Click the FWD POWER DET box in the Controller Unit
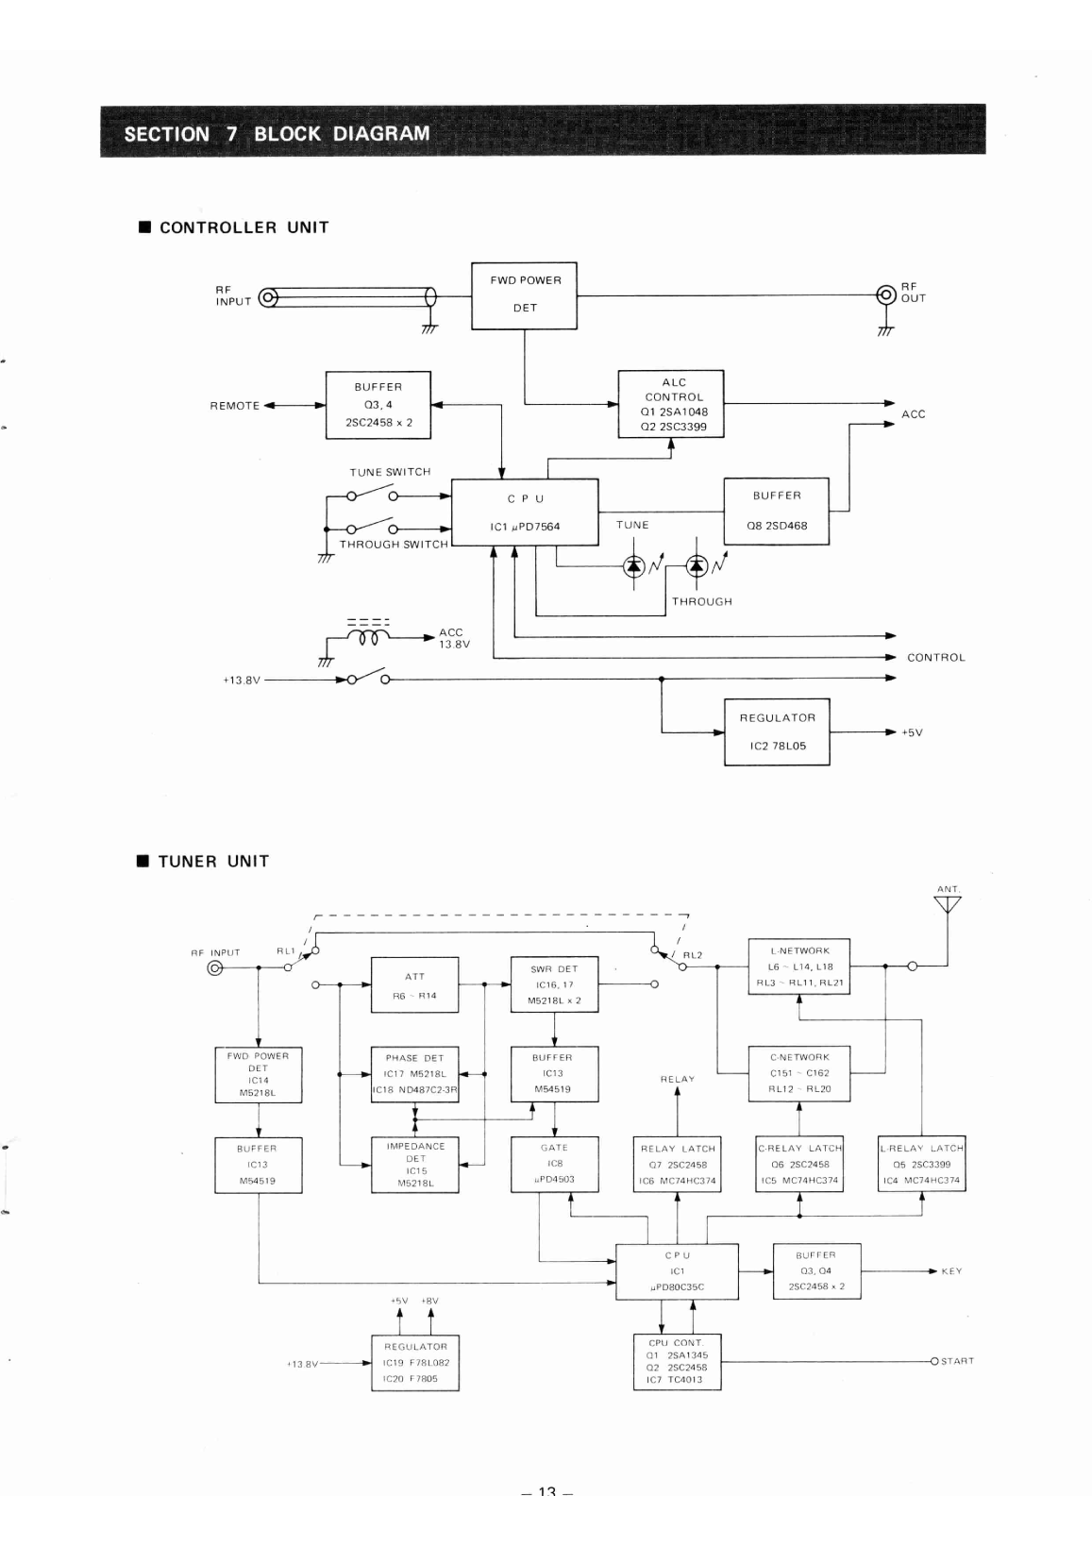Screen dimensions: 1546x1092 coord(524,295)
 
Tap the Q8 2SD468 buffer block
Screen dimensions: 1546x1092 coord(776,511)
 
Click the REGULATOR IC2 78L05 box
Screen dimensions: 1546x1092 coord(776,731)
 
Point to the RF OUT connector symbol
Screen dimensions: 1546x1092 coord(885,294)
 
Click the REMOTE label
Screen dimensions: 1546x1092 coord(234,406)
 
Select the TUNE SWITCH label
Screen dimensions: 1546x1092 coord(390,472)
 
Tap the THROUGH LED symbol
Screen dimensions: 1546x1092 coord(697,565)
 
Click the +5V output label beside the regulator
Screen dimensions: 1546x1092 coord(912,732)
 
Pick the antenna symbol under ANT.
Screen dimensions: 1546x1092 coord(948,905)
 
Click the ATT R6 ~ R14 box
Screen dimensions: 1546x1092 coord(414,985)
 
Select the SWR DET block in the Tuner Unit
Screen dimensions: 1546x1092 coord(554,984)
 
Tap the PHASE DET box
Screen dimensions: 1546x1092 coord(414,1074)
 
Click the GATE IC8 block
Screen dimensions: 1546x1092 coord(554,1163)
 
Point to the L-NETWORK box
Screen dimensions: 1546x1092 coord(799,966)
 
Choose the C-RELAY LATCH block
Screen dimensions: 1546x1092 coord(799,1164)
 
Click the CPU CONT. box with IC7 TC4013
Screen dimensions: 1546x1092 coord(678,1361)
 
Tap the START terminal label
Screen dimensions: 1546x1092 coord(957,1361)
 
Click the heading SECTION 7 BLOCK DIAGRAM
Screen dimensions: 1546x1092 coord(277,133)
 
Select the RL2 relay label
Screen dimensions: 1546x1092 coord(693,955)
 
